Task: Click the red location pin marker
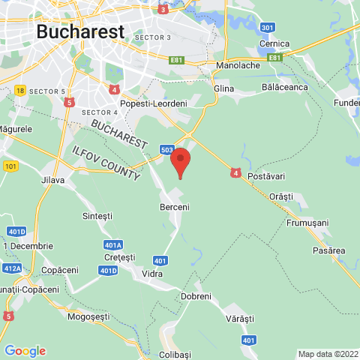pos(180,161)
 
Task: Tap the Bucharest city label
pos(79,31)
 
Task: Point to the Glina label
pos(223,88)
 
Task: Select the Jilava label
pos(52,180)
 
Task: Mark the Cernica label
pos(273,44)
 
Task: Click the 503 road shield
pos(166,150)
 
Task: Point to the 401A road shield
pos(113,244)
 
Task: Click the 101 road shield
pos(10,166)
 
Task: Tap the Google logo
pos(25,350)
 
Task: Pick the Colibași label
pos(176,354)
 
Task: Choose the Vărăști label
pos(240,319)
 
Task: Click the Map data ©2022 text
pos(328,354)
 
